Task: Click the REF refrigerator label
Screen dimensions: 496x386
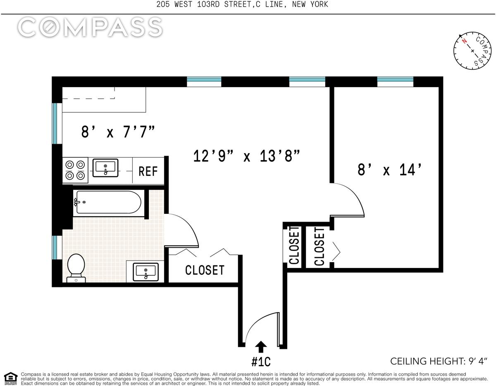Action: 148,171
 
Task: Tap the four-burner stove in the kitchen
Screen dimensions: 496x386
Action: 75,170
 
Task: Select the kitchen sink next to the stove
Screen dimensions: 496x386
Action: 105,168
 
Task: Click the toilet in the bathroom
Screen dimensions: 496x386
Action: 76,268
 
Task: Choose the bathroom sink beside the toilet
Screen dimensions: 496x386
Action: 145,272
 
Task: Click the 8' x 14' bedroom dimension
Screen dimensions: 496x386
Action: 389,170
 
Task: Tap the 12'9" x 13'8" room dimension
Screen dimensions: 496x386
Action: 246,156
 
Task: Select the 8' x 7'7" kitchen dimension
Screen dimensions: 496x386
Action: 118,132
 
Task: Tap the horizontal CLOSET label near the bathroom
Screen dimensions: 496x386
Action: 205,270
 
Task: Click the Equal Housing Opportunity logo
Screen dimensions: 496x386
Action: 10,379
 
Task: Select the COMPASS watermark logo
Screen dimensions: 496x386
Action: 90,27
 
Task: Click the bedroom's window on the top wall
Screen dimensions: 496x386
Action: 395,82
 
